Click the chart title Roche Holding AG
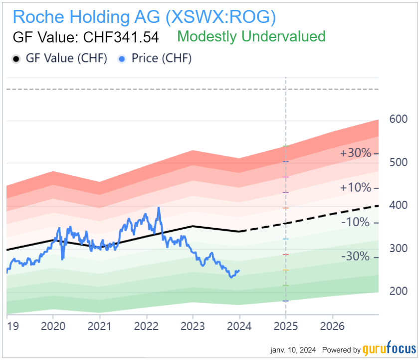[x=144, y=16]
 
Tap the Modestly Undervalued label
[x=251, y=36]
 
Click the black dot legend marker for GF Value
[x=16, y=59]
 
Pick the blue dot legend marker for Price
[x=121, y=59]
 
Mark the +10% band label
[x=356, y=188]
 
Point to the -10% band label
[x=356, y=222]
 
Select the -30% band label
[x=356, y=257]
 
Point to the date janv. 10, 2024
[x=293, y=350]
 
